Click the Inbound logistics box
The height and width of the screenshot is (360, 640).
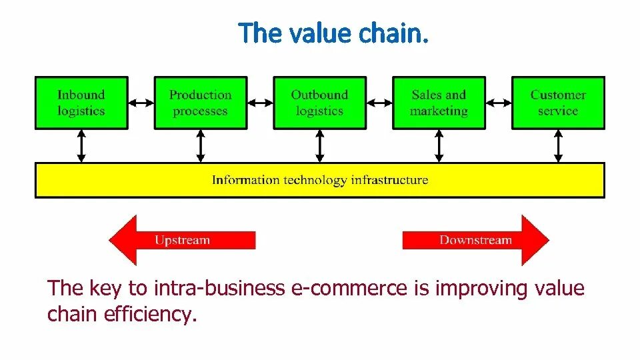(81, 103)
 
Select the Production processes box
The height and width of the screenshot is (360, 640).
(200, 103)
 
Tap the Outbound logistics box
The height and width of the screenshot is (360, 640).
(319, 103)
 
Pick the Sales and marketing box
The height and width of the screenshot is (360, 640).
(439, 103)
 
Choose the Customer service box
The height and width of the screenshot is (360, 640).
(558, 103)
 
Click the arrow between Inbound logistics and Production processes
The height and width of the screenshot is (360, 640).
(141, 103)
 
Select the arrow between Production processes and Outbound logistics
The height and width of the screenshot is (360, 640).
(260, 103)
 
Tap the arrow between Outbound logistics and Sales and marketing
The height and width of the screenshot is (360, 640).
(379, 103)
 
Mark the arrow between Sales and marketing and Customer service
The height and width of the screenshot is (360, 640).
(499, 103)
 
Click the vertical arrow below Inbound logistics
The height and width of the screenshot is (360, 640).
(81, 145)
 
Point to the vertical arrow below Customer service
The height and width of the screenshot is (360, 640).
(558, 145)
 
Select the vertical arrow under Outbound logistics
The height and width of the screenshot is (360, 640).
(319, 145)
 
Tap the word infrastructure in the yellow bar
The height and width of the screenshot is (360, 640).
(389, 180)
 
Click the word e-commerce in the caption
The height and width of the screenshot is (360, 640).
(349, 289)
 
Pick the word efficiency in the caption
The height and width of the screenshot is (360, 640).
(151, 314)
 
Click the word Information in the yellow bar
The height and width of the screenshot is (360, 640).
(246, 180)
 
